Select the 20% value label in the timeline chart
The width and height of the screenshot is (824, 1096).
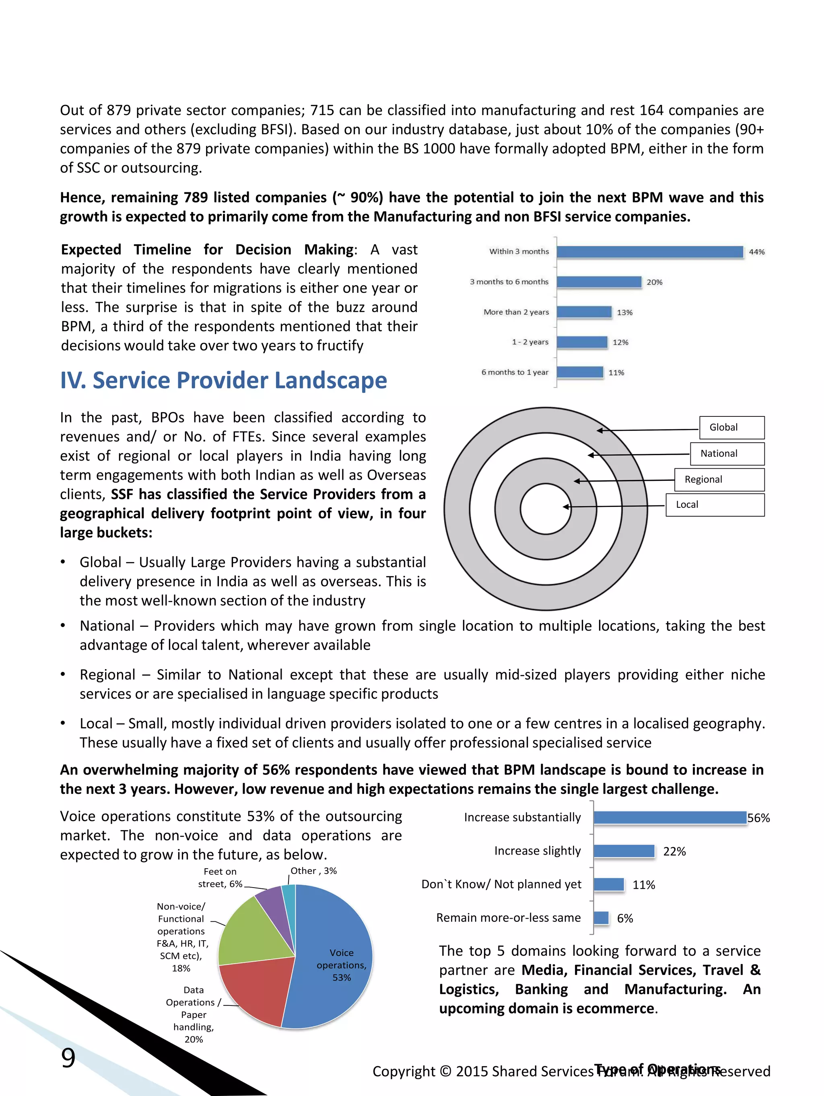pos(654,282)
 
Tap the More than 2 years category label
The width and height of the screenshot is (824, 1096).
pos(516,312)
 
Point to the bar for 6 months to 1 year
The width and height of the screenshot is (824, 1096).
pos(580,372)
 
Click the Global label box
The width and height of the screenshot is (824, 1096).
pos(731,428)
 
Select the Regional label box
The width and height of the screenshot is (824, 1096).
pos(719,480)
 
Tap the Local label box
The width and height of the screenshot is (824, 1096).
pos(715,505)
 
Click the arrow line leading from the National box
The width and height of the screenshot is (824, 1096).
pos(639,454)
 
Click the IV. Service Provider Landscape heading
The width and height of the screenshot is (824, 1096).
pos(223,381)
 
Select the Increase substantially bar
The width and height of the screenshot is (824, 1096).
pos(669,818)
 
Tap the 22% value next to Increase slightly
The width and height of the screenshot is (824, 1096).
pos(674,852)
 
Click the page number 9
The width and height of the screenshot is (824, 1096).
pos(68,1058)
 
